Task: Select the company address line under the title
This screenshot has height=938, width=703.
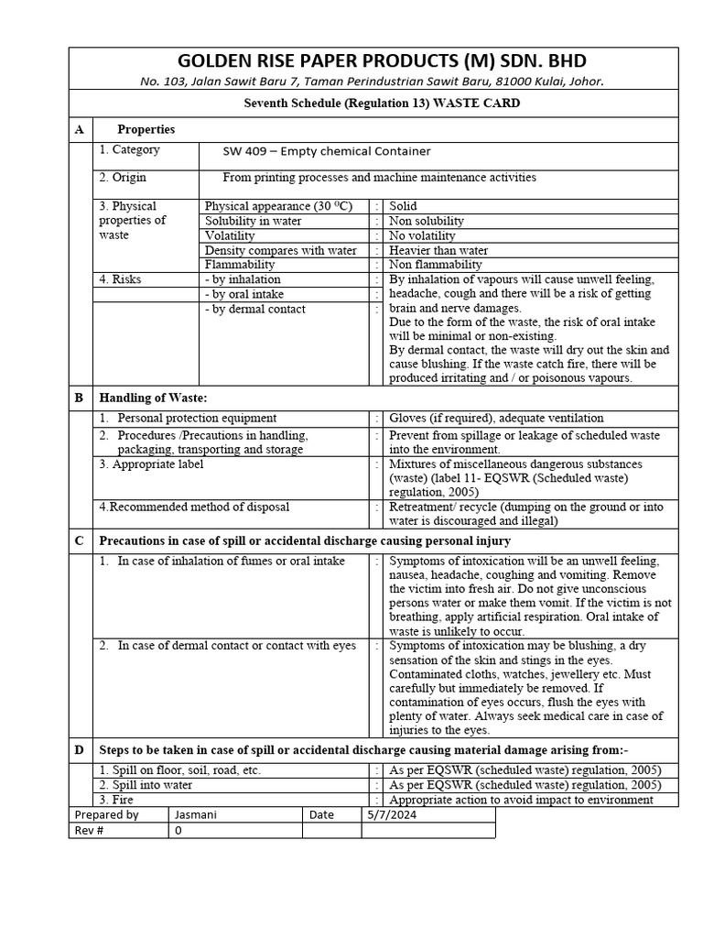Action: pos(373,82)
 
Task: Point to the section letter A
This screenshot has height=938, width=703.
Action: pos(79,129)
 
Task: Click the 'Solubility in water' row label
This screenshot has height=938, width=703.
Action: pos(254,221)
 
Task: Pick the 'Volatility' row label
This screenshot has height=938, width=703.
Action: pos(230,235)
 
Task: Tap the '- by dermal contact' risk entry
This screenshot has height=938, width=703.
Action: pos(255,309)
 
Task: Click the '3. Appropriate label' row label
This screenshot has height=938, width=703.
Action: pos(151,464)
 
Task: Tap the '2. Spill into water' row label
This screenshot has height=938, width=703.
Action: pos(146,785)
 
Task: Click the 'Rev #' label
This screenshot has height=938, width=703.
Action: pos(90,830)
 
